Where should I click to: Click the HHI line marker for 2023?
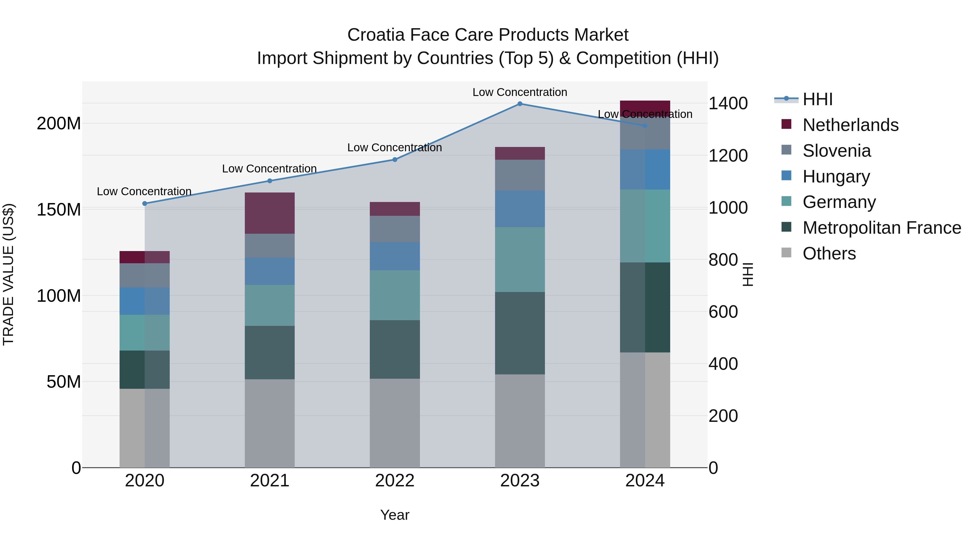click(520, 104)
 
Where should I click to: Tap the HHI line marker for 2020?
click(145, 203)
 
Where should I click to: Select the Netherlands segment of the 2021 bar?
click(270, 213)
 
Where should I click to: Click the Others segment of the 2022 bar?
click(395, 423)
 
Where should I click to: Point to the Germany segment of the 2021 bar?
click(270, 305)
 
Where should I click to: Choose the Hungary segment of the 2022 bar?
click(395, 256)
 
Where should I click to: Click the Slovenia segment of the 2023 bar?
click(520, 175)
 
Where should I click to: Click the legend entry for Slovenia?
click(837, 151)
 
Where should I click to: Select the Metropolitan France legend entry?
click(881, 228)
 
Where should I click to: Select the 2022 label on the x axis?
click(395, 481)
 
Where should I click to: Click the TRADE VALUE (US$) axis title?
click(8, 274)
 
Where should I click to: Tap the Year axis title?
click(395, 515)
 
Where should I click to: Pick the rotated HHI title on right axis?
click(747, 274)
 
